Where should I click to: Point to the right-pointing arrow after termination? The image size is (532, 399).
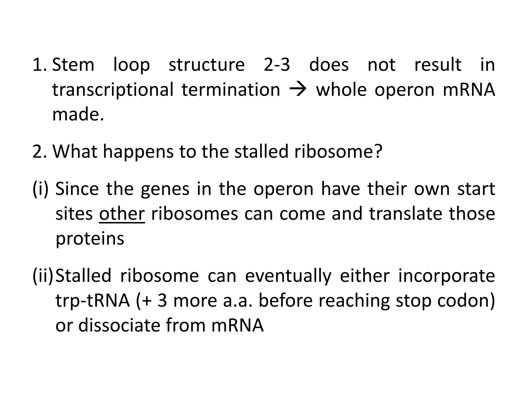pyautogui.click(x=298, y=90)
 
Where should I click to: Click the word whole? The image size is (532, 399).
pyautogui.click(x=341, y=90)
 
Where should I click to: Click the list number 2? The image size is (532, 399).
pyautogui.click(x=39, y=151)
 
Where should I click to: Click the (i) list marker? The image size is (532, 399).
pyautogui.click(x=41, y=189)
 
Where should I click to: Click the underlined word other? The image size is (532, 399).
pyautogui.click(x=122, y=214)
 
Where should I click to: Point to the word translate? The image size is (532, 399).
pyautogui.click(x=405, y=214)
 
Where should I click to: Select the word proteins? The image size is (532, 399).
pyautogui.click(x=90, y=239)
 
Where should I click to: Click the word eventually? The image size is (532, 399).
pyautogui.click(x=288, y=276)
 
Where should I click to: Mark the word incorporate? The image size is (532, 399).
pyautogui.click(x=447, y=276)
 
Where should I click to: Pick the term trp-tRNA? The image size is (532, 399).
pyautogui.click(x=92, y=301)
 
